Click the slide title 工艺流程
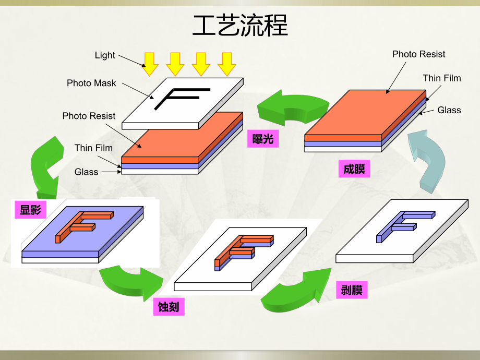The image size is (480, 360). tap(239, 26)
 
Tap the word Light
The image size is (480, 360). tap(105, 55)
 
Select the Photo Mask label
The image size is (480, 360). tap(91, 83)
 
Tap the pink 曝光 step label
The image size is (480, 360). tap(263, 139)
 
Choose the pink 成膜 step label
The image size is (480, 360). tap(354, 169)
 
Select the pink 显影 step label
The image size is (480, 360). tap(30, 210)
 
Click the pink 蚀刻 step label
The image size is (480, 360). tap(169, 307)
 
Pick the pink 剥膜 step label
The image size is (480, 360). tap(352, 290)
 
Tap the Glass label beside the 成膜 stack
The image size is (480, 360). tap(449, 110)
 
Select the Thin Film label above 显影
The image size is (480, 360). tap(93, 148)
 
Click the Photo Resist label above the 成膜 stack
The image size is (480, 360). tap(418, 54)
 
